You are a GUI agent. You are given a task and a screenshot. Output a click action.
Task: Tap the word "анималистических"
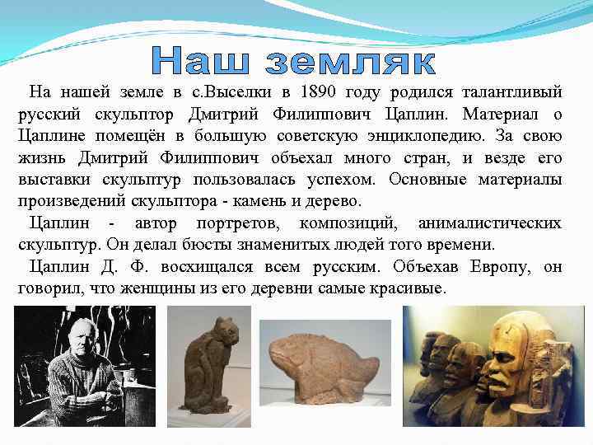point(489,223)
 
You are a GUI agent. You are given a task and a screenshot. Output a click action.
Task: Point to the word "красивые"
point(407,289)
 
